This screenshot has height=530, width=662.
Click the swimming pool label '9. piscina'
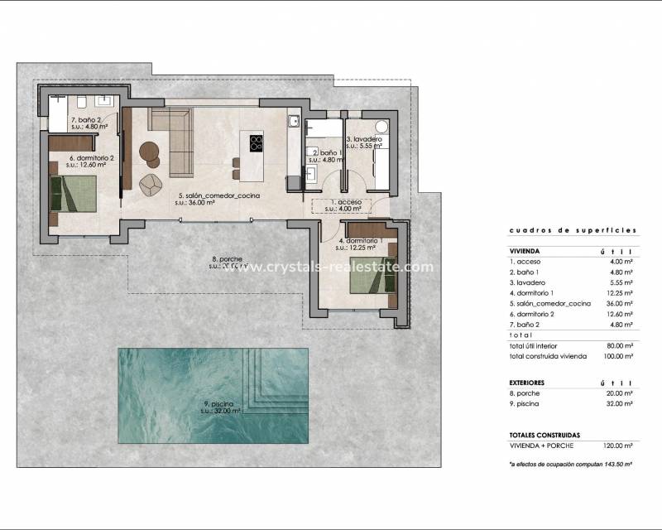223,406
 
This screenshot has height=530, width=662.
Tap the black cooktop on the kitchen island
255,142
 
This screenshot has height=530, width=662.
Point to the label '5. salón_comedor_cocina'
219,196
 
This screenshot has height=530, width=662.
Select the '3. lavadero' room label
364,139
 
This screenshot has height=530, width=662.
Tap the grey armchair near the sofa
151,184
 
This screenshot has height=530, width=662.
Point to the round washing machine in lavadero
380,127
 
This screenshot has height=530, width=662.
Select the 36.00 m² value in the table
618,304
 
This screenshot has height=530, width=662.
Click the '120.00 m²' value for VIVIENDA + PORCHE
617,445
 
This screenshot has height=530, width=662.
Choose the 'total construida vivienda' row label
549,355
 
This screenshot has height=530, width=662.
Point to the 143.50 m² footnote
571,465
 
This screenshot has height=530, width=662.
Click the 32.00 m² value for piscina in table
618,404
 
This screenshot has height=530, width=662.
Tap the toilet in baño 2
83,103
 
